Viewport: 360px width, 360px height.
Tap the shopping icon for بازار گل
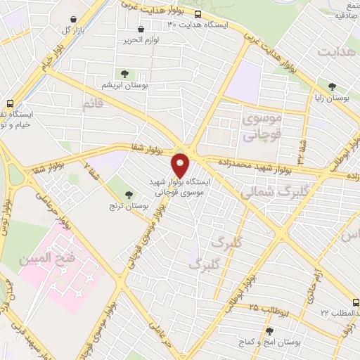point(73,20)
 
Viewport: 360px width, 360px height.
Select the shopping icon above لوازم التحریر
point(141,30)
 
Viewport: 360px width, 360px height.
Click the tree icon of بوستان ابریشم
point(124,73)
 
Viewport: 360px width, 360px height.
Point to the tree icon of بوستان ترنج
point(128,195)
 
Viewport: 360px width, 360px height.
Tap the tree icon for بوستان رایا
point(332,87)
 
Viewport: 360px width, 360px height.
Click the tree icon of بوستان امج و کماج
point(269,330)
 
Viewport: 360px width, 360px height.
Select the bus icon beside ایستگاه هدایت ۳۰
point(198,14)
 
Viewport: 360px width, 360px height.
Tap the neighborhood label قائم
point(92,104)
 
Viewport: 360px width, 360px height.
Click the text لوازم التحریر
point(140,40)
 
